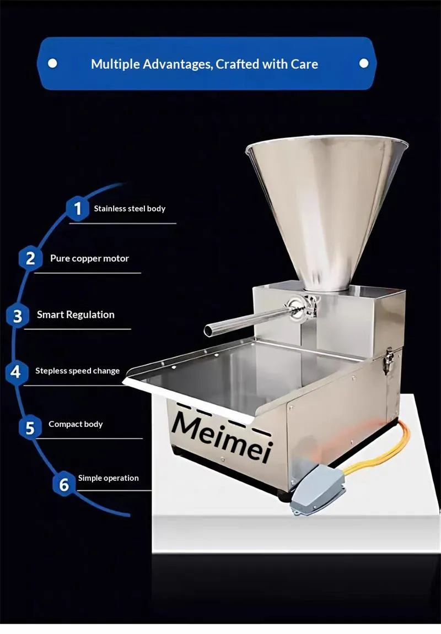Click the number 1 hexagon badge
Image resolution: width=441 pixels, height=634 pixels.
pos(77,209)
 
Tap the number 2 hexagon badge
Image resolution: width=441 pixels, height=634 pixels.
pos(30,258)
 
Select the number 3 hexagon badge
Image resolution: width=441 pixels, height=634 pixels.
pos(18,316)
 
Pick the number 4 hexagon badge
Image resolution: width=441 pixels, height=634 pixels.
pos(16,372)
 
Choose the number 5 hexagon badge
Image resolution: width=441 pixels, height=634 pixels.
pos(30,427)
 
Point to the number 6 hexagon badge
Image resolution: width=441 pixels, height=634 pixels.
pos(64,484)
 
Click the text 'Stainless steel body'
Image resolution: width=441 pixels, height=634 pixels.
pos(130,209)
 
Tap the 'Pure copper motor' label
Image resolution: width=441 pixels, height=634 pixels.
pos(89,258)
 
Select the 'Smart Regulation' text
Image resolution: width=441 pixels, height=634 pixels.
pos(76,315)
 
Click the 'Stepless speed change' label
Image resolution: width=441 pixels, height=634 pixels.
pos(77,371)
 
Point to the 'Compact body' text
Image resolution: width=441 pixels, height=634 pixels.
pos(76,424)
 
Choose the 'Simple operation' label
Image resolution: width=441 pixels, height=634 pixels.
pos(109,478)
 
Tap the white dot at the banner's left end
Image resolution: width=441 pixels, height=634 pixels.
pos(52,63)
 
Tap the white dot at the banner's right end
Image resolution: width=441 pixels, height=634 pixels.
pos(364,63)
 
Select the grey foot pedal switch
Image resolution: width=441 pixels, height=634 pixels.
pos(317,489)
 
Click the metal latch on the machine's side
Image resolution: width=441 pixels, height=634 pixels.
pos(389,361)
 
